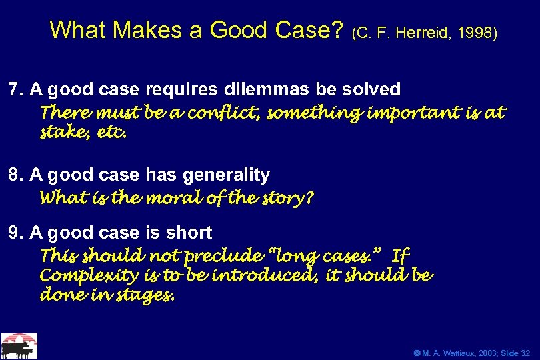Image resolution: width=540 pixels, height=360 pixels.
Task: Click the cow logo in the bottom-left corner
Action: click(19, 346)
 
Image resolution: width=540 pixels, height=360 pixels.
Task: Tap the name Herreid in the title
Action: click(429, 33)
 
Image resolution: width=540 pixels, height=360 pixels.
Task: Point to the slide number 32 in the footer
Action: click(525, 351)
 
